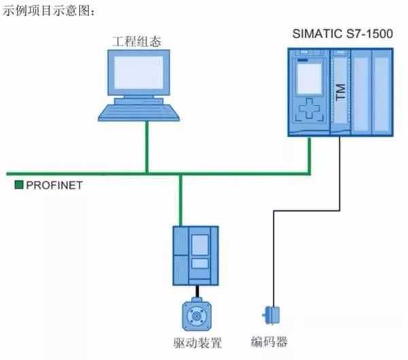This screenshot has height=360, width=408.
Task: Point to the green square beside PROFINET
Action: (19, 184)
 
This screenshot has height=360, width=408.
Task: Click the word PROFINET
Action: (54, 184)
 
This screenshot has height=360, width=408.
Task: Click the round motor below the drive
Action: (197, 314)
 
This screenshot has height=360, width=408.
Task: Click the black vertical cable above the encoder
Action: (273, 259)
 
